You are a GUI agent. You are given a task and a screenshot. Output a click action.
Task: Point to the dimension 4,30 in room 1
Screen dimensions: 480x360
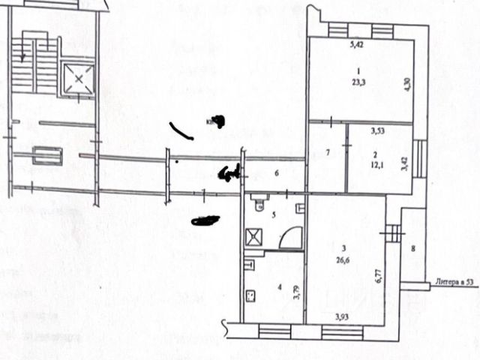[x=407, y=83]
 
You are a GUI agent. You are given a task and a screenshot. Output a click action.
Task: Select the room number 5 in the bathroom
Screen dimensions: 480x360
[x=273, y=215]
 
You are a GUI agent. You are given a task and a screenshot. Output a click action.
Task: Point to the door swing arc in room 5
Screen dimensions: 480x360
[x=289, y=238]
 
